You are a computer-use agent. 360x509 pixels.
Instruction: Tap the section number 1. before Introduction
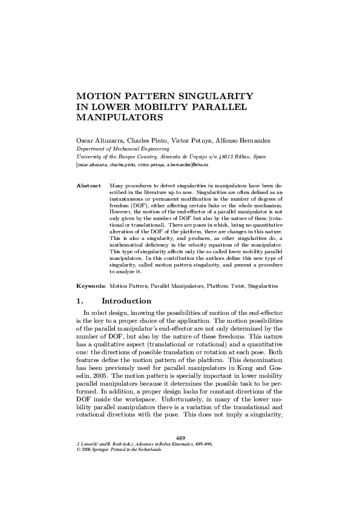[79, 301]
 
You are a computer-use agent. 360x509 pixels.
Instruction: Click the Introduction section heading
[126, 301]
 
